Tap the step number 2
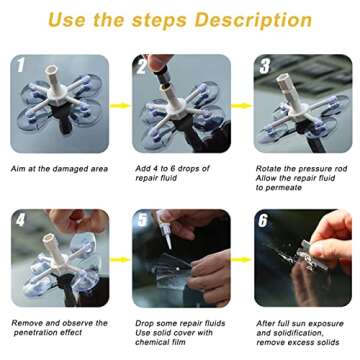142,66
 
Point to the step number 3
264,66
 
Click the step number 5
142,220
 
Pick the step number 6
264,220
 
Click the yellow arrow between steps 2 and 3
241,104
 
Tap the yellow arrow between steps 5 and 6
241,259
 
